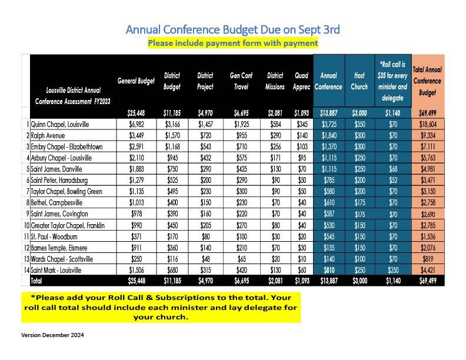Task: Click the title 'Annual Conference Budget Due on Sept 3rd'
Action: (232, 29)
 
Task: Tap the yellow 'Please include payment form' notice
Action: (232, 43)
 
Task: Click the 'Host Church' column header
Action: (360, 81)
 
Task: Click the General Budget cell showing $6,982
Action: (136, 125)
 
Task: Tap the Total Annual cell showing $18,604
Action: (428, 125)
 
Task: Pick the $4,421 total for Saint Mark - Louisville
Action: (428, 271)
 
